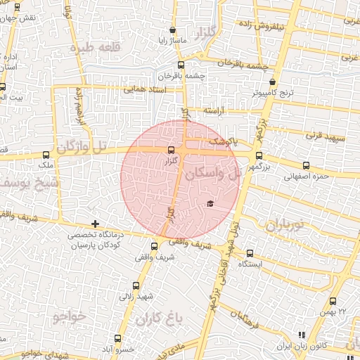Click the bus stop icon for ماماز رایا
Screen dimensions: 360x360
[173, 30]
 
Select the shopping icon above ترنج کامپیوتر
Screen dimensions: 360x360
[272, 82]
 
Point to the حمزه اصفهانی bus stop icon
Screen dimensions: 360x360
[304, 166]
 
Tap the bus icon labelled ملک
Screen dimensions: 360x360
[46, 155]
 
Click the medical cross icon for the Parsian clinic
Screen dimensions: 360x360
[95, 224]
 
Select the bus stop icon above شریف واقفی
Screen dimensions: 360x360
[155, 246]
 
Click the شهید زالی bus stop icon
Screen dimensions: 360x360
[136, 285]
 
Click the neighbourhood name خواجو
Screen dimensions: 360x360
[68, 316]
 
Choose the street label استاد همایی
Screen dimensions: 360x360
[148, 89]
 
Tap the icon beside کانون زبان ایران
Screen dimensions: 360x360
[302, 335]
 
